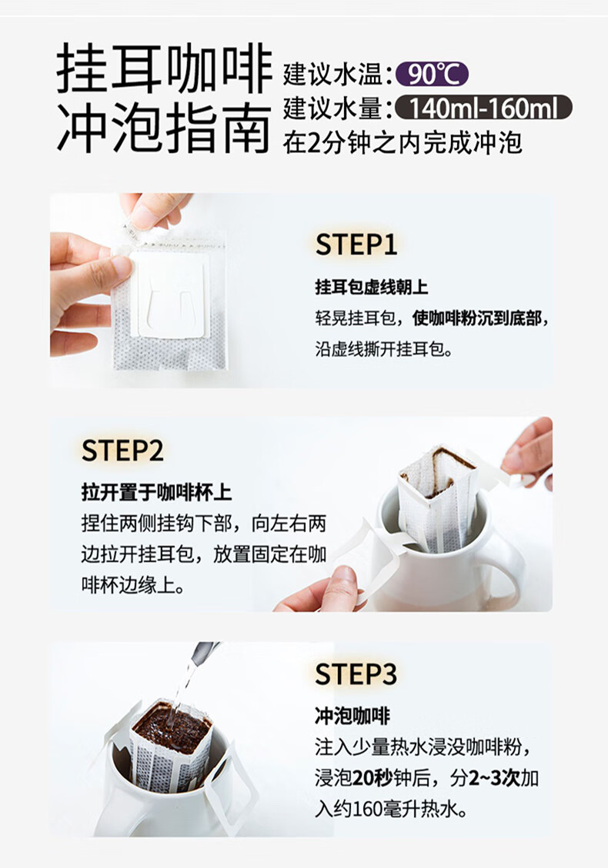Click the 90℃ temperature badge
tap(433, 74)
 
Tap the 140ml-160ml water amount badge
tap(483, 108)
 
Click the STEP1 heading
tap(356, 244)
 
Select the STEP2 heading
tap(122, 451)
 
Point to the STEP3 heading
tap(356, 674)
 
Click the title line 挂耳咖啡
tap(165, 70)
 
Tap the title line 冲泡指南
tap(165, 128)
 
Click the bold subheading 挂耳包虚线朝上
tap(371, 288)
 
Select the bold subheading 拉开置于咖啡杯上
tap(156, 492)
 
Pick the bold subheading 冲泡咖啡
tap(352, 716)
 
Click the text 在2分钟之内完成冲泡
tap(403, 143)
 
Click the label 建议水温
tap(333, 75)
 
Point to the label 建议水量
tap(333, 108)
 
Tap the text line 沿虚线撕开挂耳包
tap(383, 349)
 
